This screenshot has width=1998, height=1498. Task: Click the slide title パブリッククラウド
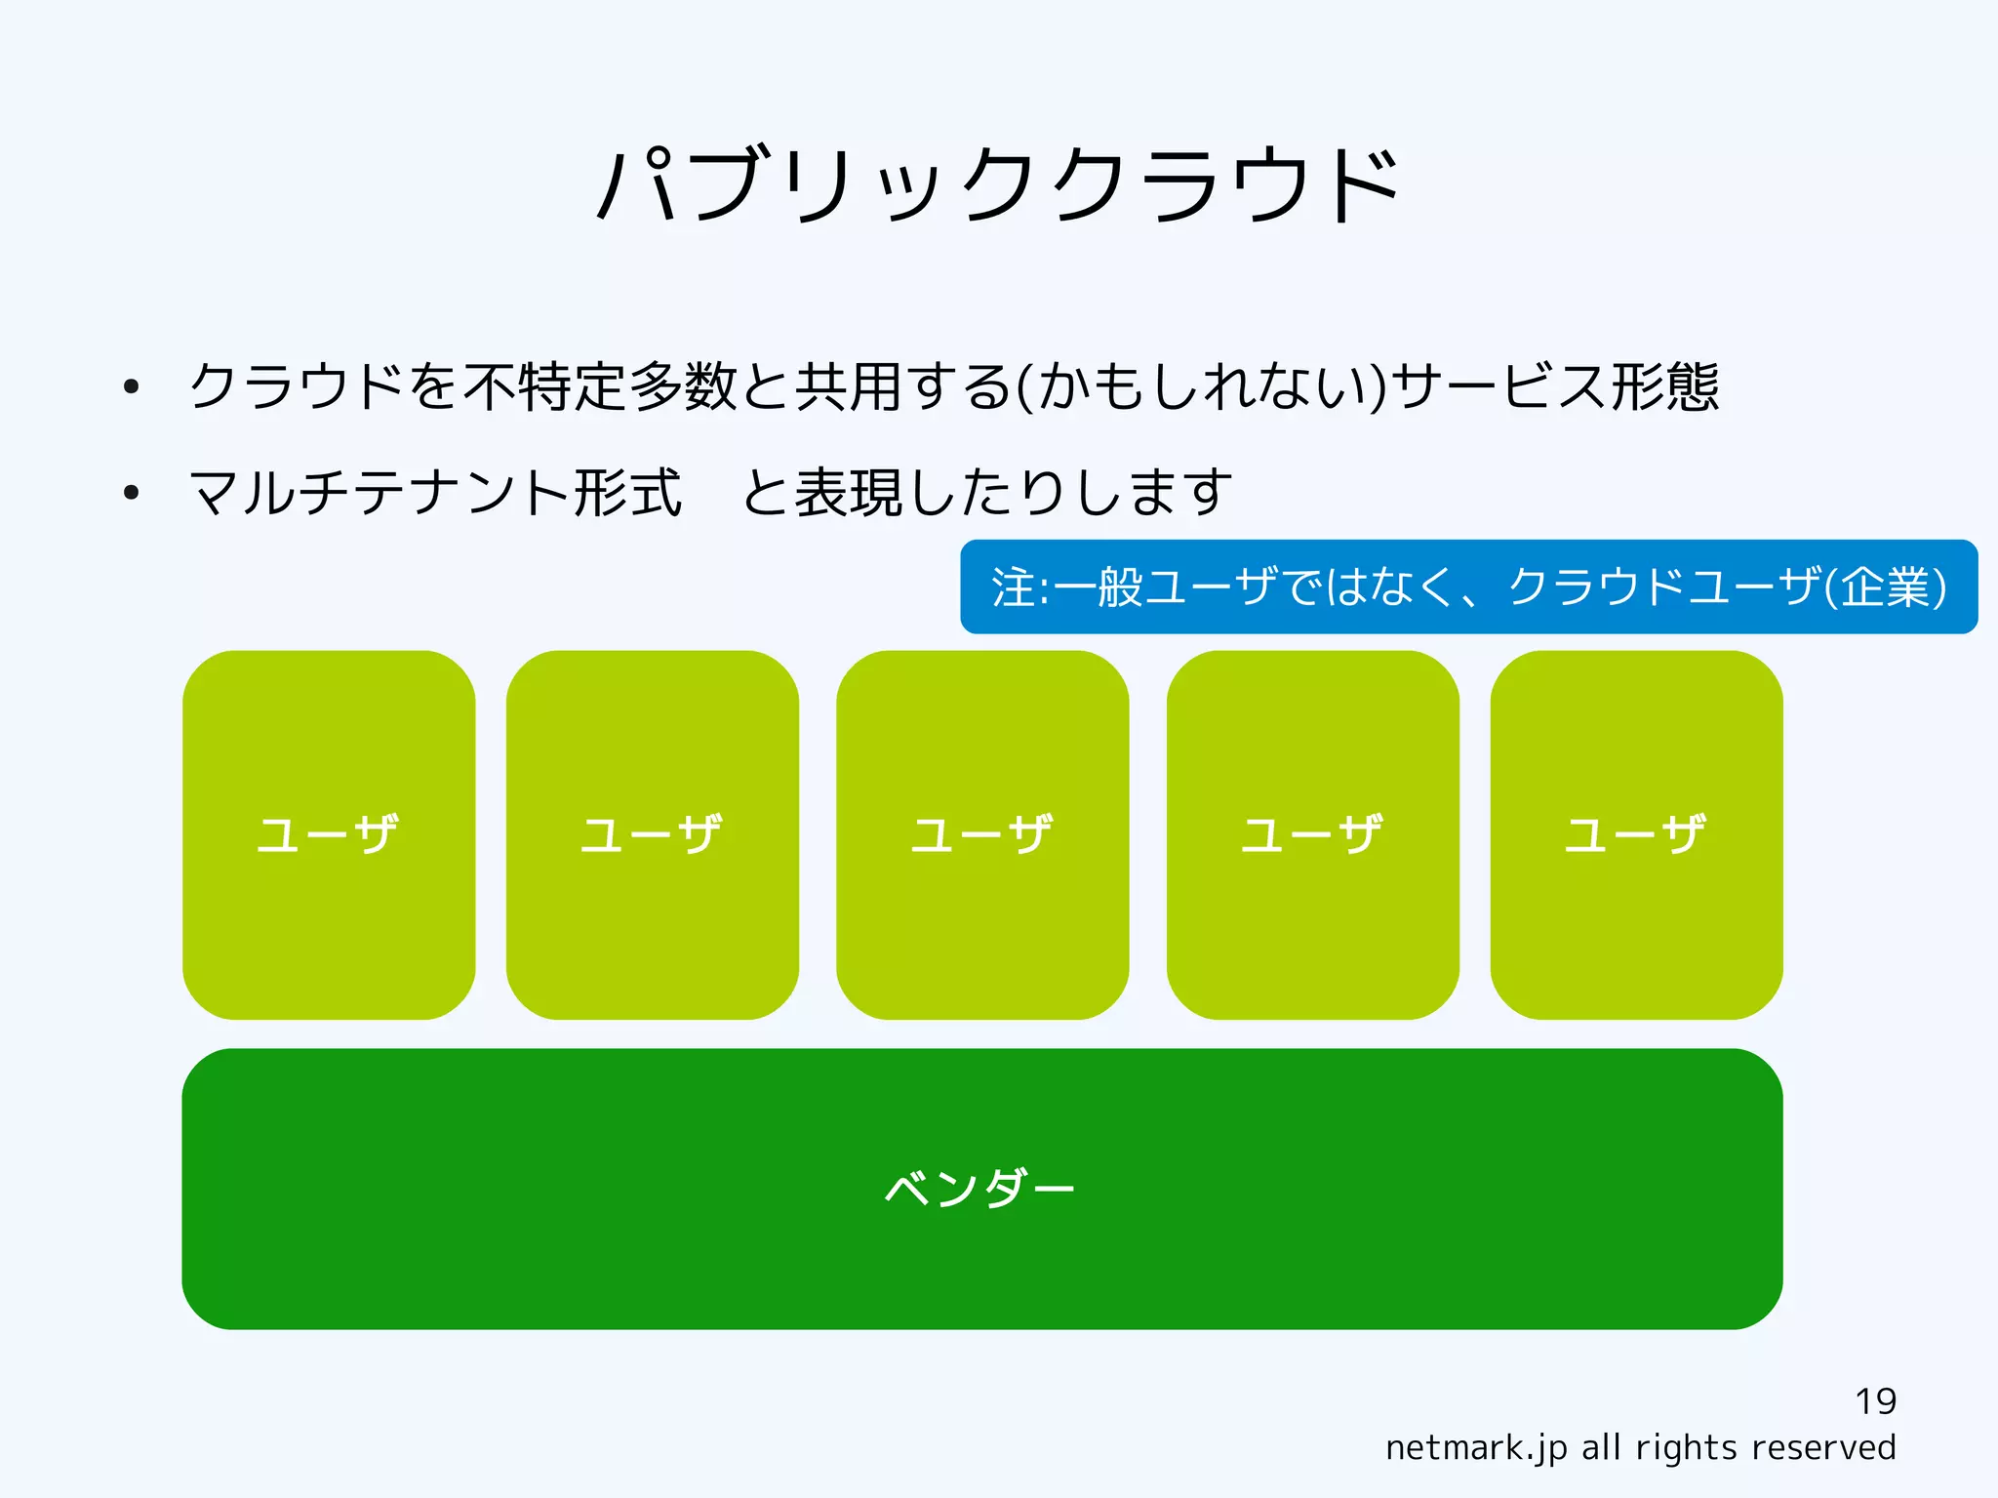(997, 185)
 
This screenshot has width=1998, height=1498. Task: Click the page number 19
(1875, 1401)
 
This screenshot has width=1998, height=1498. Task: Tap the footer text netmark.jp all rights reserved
(1640, 1447)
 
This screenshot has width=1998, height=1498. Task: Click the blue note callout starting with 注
(1468, 587)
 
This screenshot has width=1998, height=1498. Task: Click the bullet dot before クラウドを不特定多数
(132, 387)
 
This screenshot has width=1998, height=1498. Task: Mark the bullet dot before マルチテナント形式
(132, 493)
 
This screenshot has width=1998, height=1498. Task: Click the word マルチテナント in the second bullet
(380, 492)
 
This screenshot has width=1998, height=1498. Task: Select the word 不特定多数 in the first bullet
(600, 386)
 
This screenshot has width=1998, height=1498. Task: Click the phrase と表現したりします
(987, 492)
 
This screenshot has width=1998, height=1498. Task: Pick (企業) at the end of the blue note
(1885, 587)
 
